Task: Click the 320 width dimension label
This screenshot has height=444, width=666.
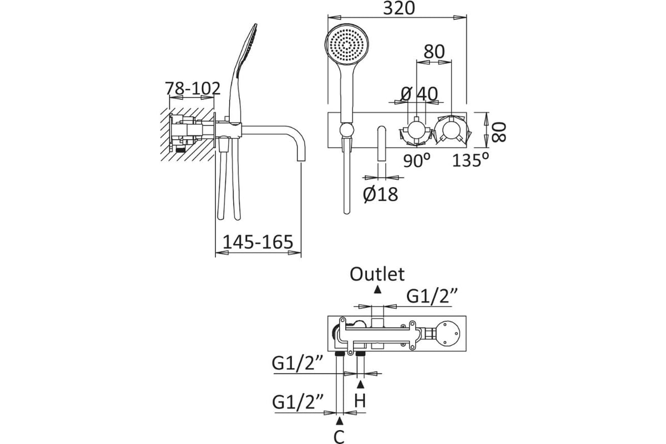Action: click(x=398, y=8)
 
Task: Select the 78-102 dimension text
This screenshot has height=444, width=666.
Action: click(x=193, y=88)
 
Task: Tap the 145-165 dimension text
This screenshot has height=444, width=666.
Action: click(x=258, y=242)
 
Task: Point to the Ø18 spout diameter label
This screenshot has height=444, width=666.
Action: click(x=380, y=194)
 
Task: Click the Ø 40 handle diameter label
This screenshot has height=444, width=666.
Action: click(x=419, y=94)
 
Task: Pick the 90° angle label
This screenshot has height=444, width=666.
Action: click(x=417, y=160)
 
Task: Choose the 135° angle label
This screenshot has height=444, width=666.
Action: click(x=471, y=160)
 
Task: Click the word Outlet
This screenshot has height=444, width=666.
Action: click(x=377, y=274)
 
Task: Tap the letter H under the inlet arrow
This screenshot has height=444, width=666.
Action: click(x=360, y=401)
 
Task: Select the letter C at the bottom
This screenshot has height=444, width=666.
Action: click(x=339, y=437)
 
